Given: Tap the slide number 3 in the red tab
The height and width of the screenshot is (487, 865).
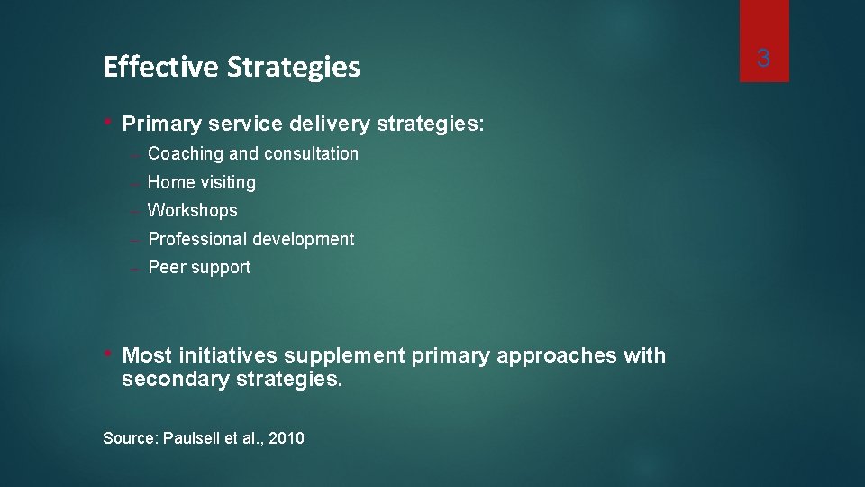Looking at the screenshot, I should [x=763, y=60].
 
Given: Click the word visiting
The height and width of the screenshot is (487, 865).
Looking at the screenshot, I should [x=228, y=182].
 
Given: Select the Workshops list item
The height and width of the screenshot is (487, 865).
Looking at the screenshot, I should [x=192, y=210].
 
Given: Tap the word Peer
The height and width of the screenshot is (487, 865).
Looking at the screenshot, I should [x=166, y=267].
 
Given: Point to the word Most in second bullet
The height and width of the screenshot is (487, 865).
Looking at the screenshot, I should [x=148, y=355].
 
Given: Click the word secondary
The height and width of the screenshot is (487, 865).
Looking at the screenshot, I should [x=176, y=380].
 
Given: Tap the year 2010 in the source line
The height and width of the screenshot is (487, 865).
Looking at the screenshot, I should [x=287, y=438].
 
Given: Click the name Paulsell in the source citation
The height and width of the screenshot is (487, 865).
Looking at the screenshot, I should [x=191, y=438].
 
